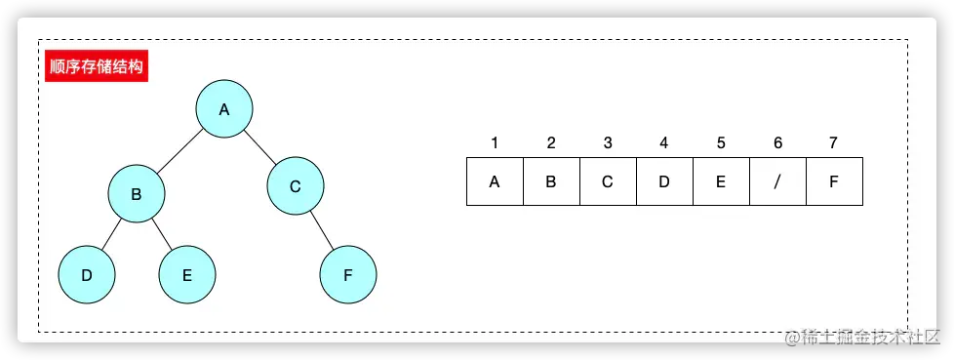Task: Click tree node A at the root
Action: coord(223,109)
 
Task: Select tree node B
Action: coord(137,193)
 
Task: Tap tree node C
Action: coord(296,185)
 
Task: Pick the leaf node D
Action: coord(87,274)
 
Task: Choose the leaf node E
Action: coord(187,274)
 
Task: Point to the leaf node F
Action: coord(348,274)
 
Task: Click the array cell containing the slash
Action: coord(777,180)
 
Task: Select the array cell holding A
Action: coord(495,180)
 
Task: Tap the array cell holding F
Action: coord(834,180)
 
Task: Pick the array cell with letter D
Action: coord(664,180)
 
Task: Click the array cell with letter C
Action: coord(608,180)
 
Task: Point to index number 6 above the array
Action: coord(777,143)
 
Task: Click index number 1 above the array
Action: coord(495,143)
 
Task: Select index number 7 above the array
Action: coord(833,143)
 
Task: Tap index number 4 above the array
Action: coord(664,143)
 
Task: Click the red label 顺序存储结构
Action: coord(96,67)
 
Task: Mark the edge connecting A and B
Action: coord(180,151)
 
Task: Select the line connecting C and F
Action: coord(322,230)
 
